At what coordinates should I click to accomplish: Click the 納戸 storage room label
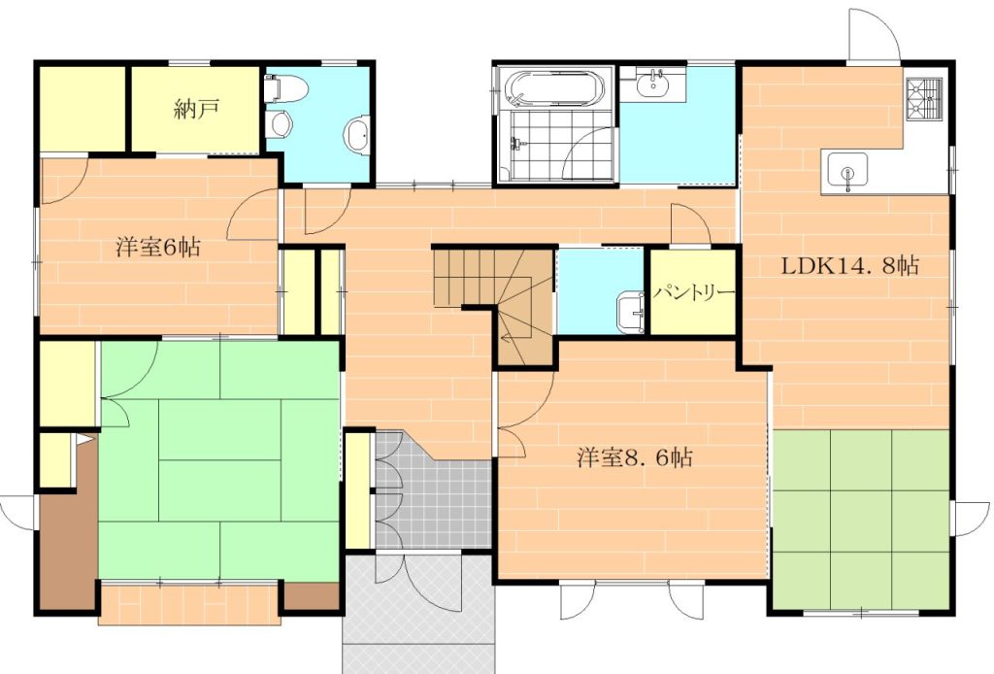pos(196,109)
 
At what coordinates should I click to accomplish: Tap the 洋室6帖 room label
pos(158,246)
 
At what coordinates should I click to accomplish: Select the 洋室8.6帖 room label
pos(634,456)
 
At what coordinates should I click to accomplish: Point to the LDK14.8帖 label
pos(849,265)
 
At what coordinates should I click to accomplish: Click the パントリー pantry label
pos(694,293)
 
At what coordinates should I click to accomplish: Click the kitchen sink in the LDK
pos(847,172)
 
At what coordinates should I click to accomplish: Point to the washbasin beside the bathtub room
pos(653,84)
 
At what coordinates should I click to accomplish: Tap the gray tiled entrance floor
pos(431,494)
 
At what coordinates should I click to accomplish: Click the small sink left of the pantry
pos(630,313)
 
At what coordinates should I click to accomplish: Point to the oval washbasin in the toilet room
pos(357,134)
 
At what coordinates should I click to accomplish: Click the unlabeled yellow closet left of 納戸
pos(83,108)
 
